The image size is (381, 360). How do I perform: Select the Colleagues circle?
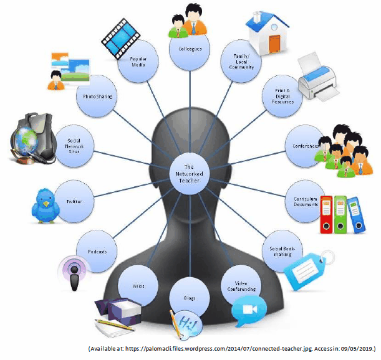(x=190, y=49)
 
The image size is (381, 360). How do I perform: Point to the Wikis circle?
(x=138, y=285)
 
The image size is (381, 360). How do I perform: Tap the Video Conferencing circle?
(x=243, y=285)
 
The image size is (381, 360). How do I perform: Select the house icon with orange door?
(x=269, y=31)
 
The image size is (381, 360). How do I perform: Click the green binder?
(x=340, y=214)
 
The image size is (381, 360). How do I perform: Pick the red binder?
(x=326, y=214)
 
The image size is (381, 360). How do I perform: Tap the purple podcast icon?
(x=75, y=273)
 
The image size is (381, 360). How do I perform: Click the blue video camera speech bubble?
(x=249, y=309)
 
